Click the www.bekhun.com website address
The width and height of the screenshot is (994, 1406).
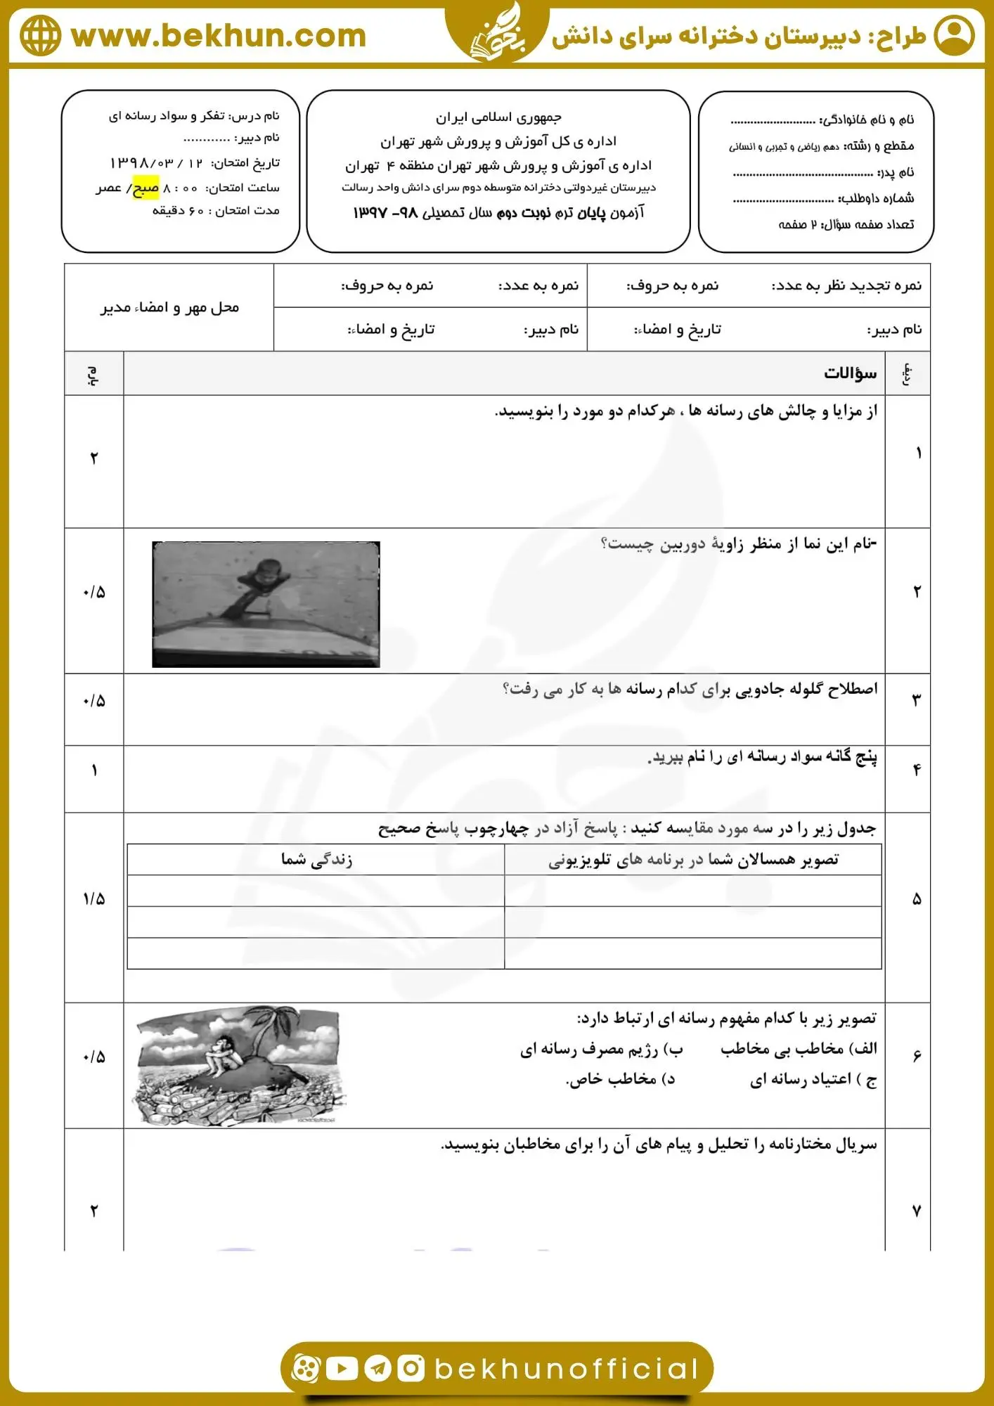click(x=219, y=36)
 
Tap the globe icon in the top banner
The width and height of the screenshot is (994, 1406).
click(x=40, y=35)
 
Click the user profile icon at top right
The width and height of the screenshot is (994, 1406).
click(x=954, y=35)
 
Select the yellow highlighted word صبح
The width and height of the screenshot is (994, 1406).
click(x=146, y=188)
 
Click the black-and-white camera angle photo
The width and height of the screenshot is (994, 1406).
click(x=266, y=604)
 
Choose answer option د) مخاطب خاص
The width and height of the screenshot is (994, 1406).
click(x=620, y=1079)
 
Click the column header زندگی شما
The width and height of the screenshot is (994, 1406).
click(x=316, y=859)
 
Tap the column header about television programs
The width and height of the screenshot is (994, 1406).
click(x=693, y=859)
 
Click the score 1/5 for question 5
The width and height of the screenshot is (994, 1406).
click(x=93, y=899)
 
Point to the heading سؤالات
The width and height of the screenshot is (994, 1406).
click(x=850, y=373)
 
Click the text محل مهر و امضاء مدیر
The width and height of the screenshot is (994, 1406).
click(x=169, y=308)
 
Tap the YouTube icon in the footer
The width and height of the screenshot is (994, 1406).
click(x=342, y=1368)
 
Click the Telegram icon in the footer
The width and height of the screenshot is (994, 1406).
click(x=377, y=1368)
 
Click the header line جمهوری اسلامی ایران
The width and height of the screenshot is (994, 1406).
click(x=498, y=117)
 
